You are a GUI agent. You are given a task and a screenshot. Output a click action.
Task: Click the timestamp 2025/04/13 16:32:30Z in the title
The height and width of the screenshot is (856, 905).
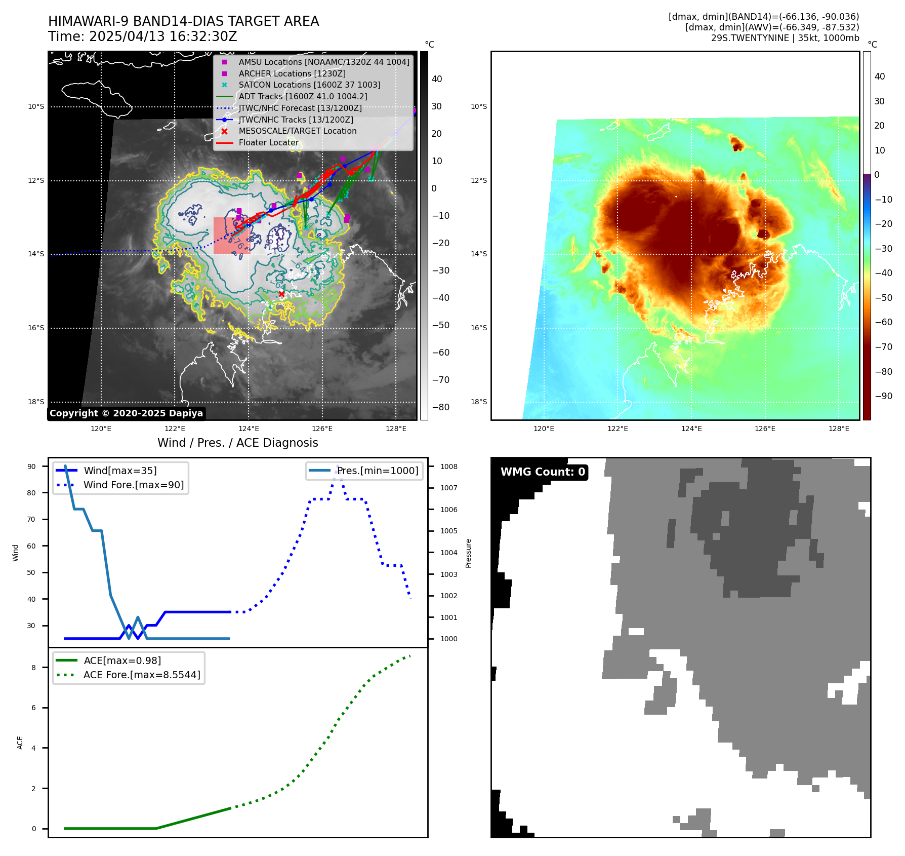pyautogui.click(x=163, y=36)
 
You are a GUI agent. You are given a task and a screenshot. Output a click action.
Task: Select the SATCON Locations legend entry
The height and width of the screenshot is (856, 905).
pyautogui.click(x=309, y=85)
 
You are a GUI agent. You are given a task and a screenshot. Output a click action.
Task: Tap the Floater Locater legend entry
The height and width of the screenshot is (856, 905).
pyautogui.click(x=268, y=143)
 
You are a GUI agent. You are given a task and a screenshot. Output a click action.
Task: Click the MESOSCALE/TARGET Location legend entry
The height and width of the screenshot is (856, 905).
pyautogui.click(x=297, y=131)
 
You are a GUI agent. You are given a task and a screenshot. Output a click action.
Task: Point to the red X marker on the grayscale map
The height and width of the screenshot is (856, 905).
pyautogui.click(x=281, y=294)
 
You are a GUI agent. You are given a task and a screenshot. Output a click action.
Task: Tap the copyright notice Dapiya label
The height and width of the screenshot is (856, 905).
pyautogui.click(x=126, y=413)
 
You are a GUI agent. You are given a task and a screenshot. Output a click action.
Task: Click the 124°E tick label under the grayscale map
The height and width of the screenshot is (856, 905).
pyautogui.click(x=249, y=429)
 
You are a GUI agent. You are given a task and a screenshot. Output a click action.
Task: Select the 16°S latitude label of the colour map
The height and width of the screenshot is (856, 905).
pyautogui.click(x=479, y=328)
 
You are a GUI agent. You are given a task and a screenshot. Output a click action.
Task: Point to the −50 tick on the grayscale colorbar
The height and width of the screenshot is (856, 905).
pyautogui.click(x=440, y=325)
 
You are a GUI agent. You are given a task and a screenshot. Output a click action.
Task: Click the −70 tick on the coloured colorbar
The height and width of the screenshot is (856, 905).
pyautogui.click(x=884, y=347)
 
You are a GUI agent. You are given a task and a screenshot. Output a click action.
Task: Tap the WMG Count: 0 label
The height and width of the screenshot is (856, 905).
pyautogui.click(x=543, y=472)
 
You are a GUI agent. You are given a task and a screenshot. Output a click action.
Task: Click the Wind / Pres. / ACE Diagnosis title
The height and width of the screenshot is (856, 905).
pyautogui.click(x=237, y=443)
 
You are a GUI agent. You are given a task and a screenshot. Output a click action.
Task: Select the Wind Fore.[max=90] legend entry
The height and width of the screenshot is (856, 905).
pyautogui.click(x=134, y=485)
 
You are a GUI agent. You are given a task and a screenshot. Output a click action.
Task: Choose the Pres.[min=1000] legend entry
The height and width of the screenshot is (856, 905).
pyautogui.click(x=378, y=471)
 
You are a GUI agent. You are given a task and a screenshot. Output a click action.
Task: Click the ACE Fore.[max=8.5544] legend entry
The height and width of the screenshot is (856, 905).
pyautogui.click(x=142, y=675)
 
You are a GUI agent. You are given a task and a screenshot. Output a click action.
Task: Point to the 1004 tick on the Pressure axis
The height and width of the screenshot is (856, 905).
pyautogui.click(x=448, y=553)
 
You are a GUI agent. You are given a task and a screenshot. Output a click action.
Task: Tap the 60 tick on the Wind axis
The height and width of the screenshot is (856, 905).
pyautogui.click(x=31, y=546)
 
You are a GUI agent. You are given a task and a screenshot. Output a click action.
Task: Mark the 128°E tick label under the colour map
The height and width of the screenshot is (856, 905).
pyautogui.click(x=839, y=429)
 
